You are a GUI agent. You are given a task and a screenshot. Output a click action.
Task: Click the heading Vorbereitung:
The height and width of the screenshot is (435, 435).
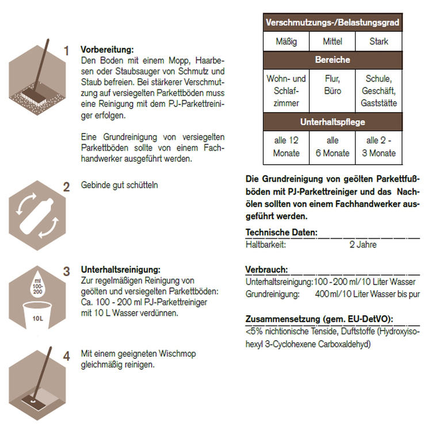tap(107, 49)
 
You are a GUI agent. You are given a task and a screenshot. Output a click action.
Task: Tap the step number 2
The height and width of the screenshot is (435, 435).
tap(67, 186)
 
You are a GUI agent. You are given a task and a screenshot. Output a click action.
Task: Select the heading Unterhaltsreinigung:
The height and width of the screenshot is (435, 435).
tap(121, 269)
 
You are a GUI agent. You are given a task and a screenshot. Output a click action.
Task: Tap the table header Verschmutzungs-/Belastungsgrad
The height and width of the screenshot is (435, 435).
tap(332, 24)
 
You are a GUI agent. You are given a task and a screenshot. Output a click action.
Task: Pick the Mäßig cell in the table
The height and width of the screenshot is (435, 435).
tap(285, 41)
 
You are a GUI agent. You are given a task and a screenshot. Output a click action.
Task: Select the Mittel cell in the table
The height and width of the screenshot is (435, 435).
tap(332, 41)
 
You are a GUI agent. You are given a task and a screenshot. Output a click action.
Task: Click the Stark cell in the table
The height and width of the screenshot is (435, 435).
tap(379, 41)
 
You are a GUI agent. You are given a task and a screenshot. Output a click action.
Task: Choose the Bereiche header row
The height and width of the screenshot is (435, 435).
tap(332, 60)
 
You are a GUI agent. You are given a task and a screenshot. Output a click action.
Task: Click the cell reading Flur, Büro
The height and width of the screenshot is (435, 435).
tap(332, 85)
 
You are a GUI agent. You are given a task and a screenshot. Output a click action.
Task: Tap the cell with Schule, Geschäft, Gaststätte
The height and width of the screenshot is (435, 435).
tap(379, 91)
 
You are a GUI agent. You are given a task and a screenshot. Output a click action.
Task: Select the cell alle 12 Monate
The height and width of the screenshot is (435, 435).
tap(285, 147)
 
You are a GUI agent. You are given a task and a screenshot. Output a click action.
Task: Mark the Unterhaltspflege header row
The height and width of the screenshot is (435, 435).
tap(332, 122)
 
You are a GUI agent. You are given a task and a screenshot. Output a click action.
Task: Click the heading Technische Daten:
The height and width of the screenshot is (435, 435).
tap(281, 232)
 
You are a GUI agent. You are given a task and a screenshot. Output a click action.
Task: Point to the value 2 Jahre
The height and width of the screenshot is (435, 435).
tap(362, 245)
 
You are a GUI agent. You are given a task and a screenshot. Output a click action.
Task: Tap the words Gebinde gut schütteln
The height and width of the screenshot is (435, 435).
tap(119, 185)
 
